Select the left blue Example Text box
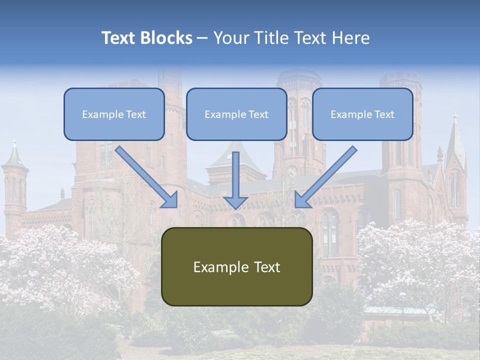(x=114, y=114)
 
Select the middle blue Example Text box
(x=236, y=114)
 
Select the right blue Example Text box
(x=362, y=114)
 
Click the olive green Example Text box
(x=236, y=266)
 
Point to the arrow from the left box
(x=145, y=176)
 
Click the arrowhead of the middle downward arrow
(x=235, y=202)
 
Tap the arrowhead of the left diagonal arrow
(x=170, y=200)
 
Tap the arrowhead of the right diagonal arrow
(x=302, y=200)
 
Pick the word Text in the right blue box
(x=384, y=114)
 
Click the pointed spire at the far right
(x=455, y=135)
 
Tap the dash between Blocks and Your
(x=202, y=38)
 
